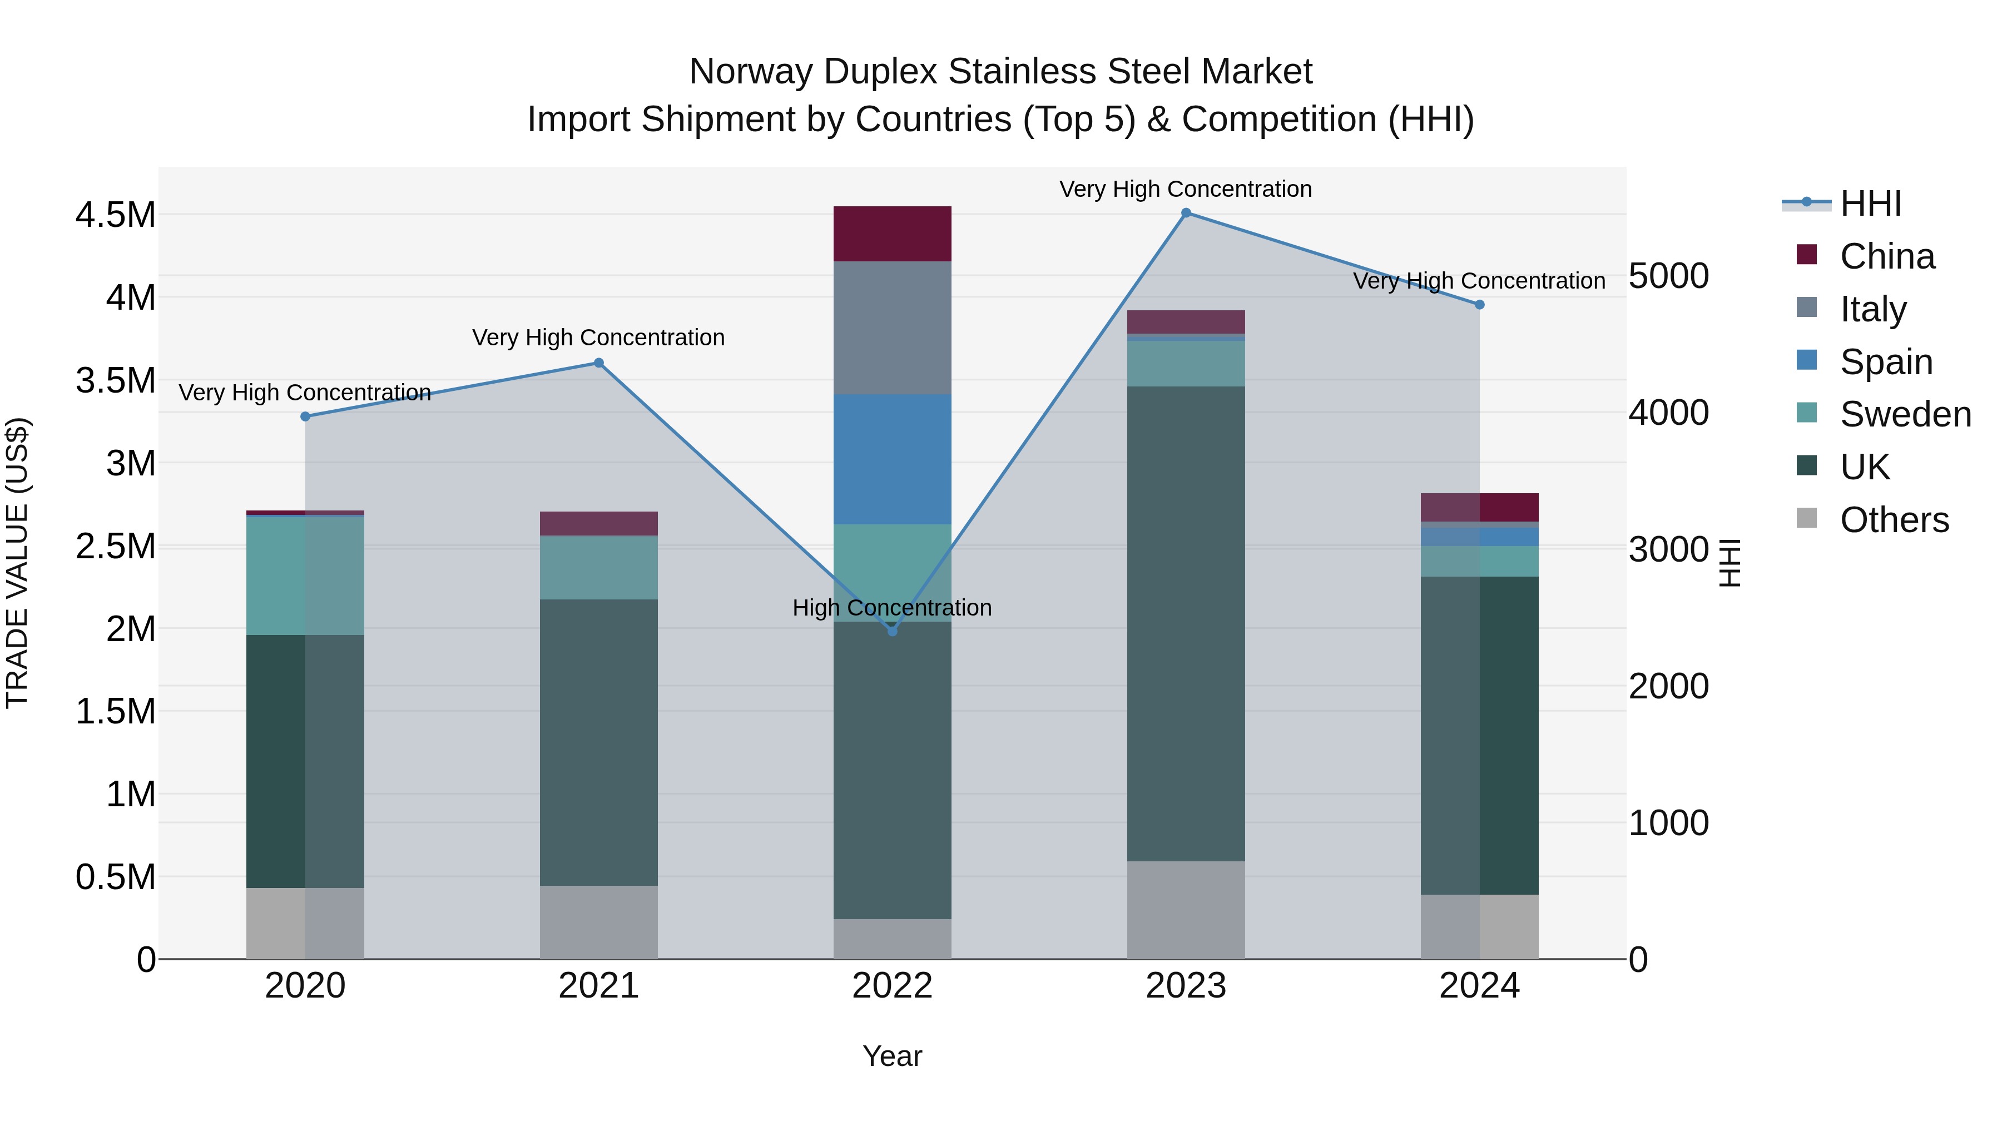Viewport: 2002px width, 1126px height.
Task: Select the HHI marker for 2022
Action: pos(892,632)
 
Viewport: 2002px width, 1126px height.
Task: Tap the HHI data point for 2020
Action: pos(305,416)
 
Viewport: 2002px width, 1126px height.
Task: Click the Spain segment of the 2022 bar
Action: pos(892,459)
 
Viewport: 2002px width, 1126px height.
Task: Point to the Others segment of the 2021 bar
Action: pos(598,922)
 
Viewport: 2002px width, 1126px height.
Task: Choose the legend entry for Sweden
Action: pos(1904,414)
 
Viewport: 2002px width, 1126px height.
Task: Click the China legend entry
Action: pos(1886,256)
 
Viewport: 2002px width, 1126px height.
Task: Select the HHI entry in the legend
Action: pos(1870,204)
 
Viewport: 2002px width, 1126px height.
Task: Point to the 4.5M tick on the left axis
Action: pos(115,215)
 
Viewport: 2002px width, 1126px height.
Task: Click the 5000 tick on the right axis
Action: pos(1668,276)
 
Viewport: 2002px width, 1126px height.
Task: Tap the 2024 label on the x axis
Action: pos(1479,986)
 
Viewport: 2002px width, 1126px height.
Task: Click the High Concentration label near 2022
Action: pos(891,608)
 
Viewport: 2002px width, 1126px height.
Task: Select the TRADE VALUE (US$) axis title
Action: pos(18,563)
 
